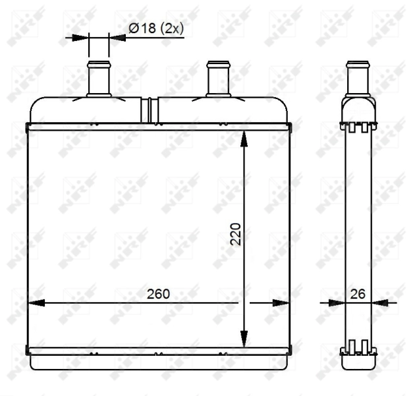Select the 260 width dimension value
click(x=157, y=292)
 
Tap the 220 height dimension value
click(x=236, y=234)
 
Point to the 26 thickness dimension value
click(x=358, y=292)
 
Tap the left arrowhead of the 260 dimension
click(x=36, y=303)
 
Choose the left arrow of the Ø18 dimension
click(x=82, y=38)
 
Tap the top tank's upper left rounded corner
click(x=34, y=104)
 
